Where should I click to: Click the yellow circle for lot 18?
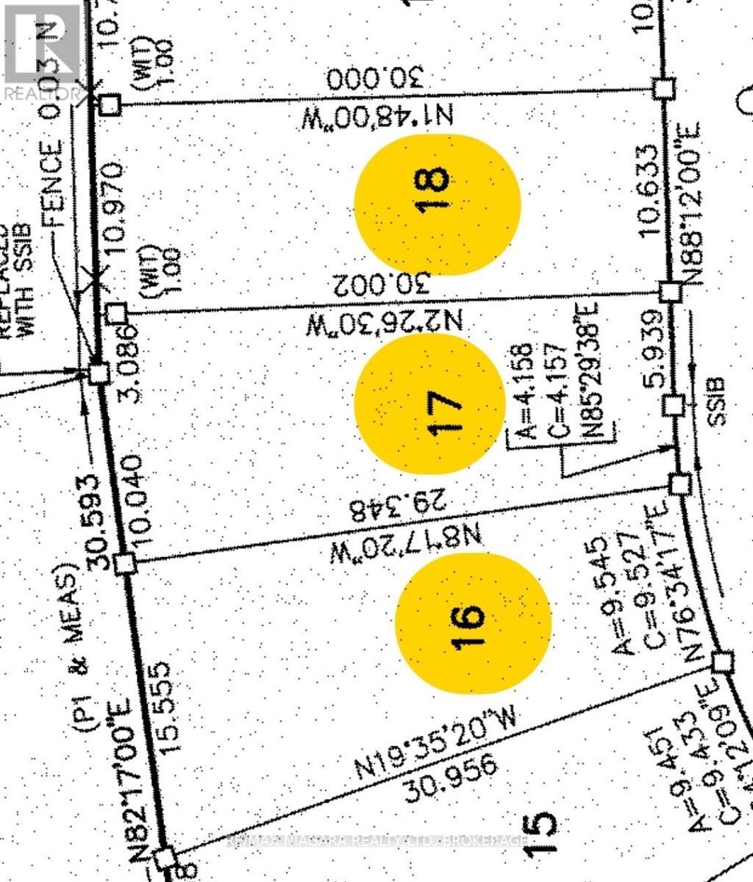437,204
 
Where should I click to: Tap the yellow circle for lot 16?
473,623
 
